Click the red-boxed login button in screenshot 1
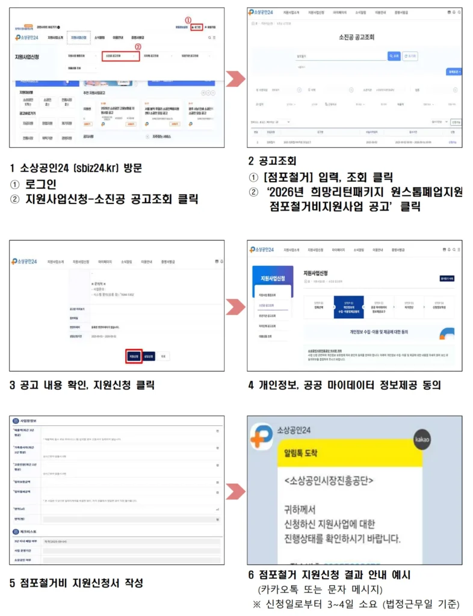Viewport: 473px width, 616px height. coord(197,28)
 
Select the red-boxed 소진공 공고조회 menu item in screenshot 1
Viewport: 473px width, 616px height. coord(120,56)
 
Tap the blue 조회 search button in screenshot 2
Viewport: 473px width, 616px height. coord(394,55)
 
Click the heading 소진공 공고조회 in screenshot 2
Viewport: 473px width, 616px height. coord(357,37)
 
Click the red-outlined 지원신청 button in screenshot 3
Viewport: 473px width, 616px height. coord(133,356)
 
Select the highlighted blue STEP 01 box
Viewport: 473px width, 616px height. coord(348,307)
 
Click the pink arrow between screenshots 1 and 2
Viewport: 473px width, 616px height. coord(235,79)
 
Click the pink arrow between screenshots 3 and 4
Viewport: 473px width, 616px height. coord(235,306)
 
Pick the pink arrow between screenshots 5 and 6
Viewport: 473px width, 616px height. coord(235,490)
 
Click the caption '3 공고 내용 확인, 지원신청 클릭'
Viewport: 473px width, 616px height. coord(82,385)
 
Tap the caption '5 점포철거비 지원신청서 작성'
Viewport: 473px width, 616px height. coord(76,582)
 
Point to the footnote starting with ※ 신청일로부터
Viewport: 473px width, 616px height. coord(356,603)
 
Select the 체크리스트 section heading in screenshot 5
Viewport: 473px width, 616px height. coord(30,532)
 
